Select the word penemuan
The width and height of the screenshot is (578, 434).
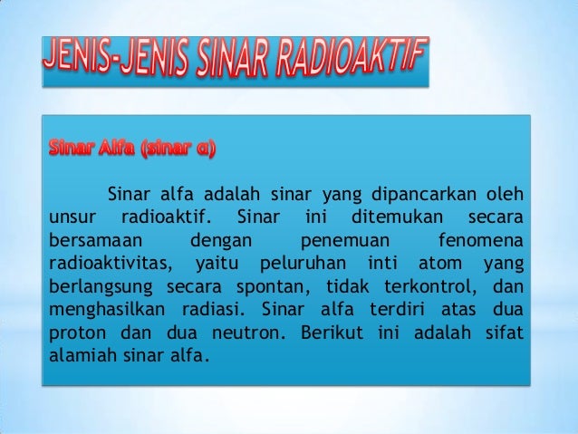343,240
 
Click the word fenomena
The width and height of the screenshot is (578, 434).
479,240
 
